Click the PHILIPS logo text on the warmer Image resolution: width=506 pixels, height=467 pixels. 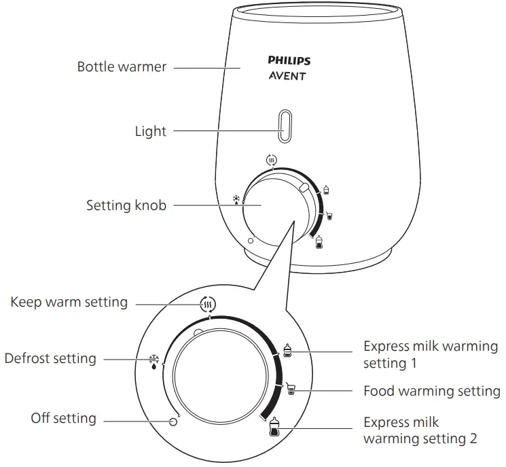click(x=289, y=60)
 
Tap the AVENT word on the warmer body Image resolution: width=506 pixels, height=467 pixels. click(x=287, y=76)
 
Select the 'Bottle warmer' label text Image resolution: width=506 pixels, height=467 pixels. click(x=122, y=67)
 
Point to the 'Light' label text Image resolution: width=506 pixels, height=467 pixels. click(x=150, y=131)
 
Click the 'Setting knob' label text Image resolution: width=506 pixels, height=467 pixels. click(x=126, y=205)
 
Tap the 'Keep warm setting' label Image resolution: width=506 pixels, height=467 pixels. click(x=69, y=301)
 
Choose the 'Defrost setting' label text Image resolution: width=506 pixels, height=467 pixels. click(x=50, y=358)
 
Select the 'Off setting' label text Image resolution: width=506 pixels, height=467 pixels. click(x=63, y=418)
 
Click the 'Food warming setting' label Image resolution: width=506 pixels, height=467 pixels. click(x=431, y=391)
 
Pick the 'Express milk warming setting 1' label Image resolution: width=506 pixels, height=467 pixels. click(x=430, y=354)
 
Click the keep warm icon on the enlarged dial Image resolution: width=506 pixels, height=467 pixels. click(x=208, y=305)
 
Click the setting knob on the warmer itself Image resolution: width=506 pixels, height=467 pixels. click(x=278, y=205)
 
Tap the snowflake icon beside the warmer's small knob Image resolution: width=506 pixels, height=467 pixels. click(x=236, y=201)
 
